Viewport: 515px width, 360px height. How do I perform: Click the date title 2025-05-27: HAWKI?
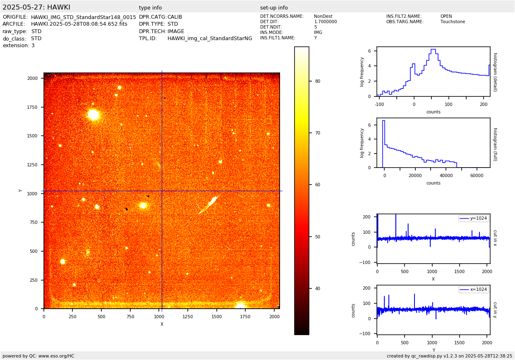[x=36, y=7]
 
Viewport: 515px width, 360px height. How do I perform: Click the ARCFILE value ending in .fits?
[x=79, y=24]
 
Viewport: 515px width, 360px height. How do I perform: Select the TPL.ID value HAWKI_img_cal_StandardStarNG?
[x=210, y=38]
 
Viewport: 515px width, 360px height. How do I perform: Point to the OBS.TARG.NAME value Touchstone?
[x=453, y=22]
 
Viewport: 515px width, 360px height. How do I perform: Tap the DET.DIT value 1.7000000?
[x=326, y=22]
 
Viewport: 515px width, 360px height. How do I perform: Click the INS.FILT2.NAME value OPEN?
[x=446, y=17]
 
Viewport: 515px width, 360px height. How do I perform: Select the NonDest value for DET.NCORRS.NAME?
[x=323, y=17]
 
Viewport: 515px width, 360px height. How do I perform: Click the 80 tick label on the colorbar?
[x=318, y=81]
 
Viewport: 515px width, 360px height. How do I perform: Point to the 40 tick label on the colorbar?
[x=318, y=288]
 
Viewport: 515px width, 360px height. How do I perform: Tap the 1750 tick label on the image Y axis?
[x=32, y=107]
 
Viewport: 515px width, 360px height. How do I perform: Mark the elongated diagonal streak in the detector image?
[x=208, y=205]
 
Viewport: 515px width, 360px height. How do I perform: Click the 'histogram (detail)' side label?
[x=495, y=72]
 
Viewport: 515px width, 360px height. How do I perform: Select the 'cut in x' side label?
[x=495, y=238]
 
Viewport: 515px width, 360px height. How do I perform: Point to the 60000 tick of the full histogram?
[x=477, y=175]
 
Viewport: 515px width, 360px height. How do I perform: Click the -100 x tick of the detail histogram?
[x=379, y=104]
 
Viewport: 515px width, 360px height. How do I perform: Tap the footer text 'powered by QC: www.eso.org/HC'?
[x=38, y=356]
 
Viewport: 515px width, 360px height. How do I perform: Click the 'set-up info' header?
[x=274, y=8]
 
